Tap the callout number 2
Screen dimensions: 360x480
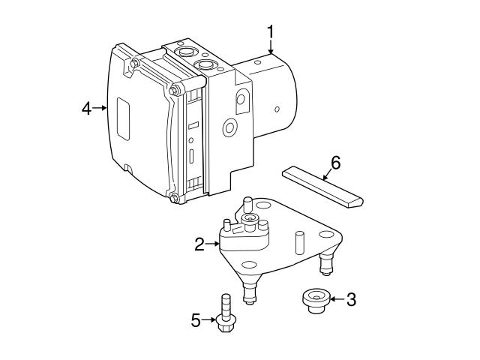[199, 244]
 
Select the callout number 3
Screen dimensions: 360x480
[350, 299]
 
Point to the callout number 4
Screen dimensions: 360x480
[86, 108]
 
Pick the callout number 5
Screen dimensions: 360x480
[196, 321]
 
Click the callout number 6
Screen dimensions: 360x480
[335, 162]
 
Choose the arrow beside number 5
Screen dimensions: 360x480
[209, 321]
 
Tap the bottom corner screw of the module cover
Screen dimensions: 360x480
[174, 198]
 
